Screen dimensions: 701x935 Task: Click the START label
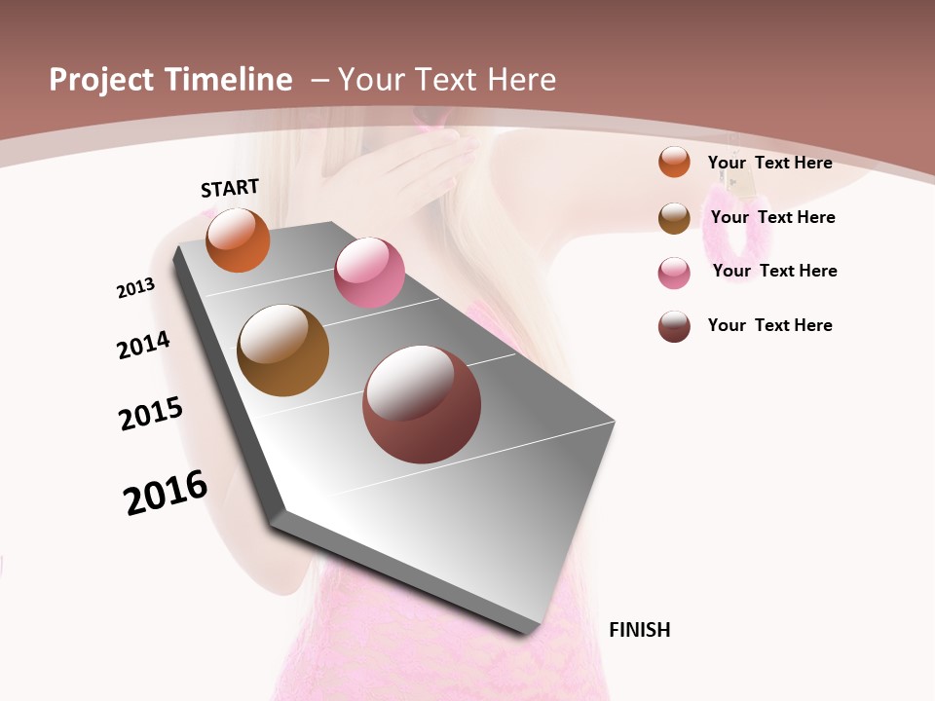click(x=230, y=188)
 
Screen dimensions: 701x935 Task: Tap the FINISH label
click(x=639, y=630)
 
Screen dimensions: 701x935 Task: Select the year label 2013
click(x=135, y=288)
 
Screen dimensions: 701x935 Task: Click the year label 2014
click(x=143, y=345)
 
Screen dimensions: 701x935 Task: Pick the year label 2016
click(x=166, y=493)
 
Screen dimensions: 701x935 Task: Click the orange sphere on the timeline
click(x=238, y=240)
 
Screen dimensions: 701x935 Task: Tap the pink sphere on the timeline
click(x=369, y=273)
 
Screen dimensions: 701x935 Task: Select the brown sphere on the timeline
click(x=282, y=350)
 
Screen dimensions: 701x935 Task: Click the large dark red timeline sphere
click(x=422, y=404)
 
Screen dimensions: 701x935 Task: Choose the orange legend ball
click(x=674, y=162)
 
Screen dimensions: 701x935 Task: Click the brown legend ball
click(x=674, y=218)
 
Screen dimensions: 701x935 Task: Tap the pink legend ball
click(x=674, y=273)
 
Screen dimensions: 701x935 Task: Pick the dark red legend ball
click(x=674, y=326)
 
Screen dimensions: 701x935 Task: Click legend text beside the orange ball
click(x=769, y=163)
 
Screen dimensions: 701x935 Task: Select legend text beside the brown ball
click(x=772, y=217)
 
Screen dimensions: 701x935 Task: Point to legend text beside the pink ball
click(x=774, y=271)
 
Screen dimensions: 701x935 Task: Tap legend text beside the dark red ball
click(x=769, y=325)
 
